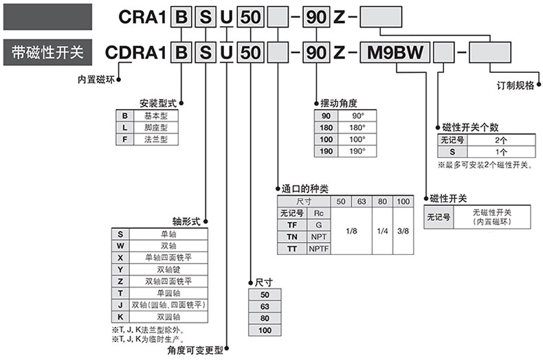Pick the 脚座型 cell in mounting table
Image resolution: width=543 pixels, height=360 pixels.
pos(155,127)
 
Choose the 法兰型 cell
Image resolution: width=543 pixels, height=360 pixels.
pos(155,139)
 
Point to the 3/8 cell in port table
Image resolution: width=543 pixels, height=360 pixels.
pos(402,231)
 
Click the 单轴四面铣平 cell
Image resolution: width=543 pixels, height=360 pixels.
pos(168,258)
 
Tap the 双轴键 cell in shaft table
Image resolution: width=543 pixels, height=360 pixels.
pos(168,269)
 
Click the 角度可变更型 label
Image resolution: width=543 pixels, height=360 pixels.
pos(195,350)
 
